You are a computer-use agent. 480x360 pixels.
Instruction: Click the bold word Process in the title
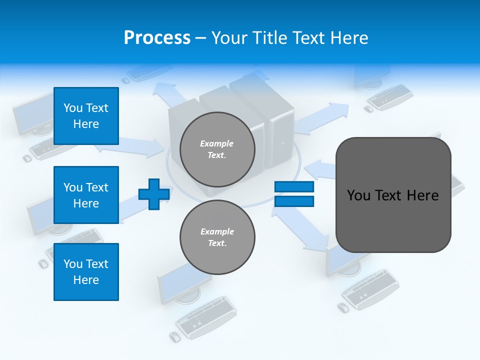pos(157,38)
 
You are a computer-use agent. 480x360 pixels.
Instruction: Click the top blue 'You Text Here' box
pos(86,116)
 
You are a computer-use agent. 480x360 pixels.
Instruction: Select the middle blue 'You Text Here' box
pos(86,195)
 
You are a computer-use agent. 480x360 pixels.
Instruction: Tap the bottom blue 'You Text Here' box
pos(86,272)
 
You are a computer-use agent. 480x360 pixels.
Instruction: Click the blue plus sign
pos(153,194)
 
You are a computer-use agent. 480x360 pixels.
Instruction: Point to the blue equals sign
pos(294,194)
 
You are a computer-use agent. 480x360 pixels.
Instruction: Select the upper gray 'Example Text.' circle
pos(217,149)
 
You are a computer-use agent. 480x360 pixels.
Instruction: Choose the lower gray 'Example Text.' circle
pos(217,237)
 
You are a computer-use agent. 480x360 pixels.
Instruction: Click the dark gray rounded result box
pos(393,195)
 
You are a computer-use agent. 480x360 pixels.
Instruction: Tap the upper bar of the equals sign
pos(294,187)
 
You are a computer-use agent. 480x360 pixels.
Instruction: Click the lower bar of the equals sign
pos(294,201)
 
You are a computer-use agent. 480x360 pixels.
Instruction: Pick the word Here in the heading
pos(350,38)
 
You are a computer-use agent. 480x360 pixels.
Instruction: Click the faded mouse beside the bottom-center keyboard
pos(174,336)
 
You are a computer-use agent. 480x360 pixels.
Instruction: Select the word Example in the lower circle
pos(217,231)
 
